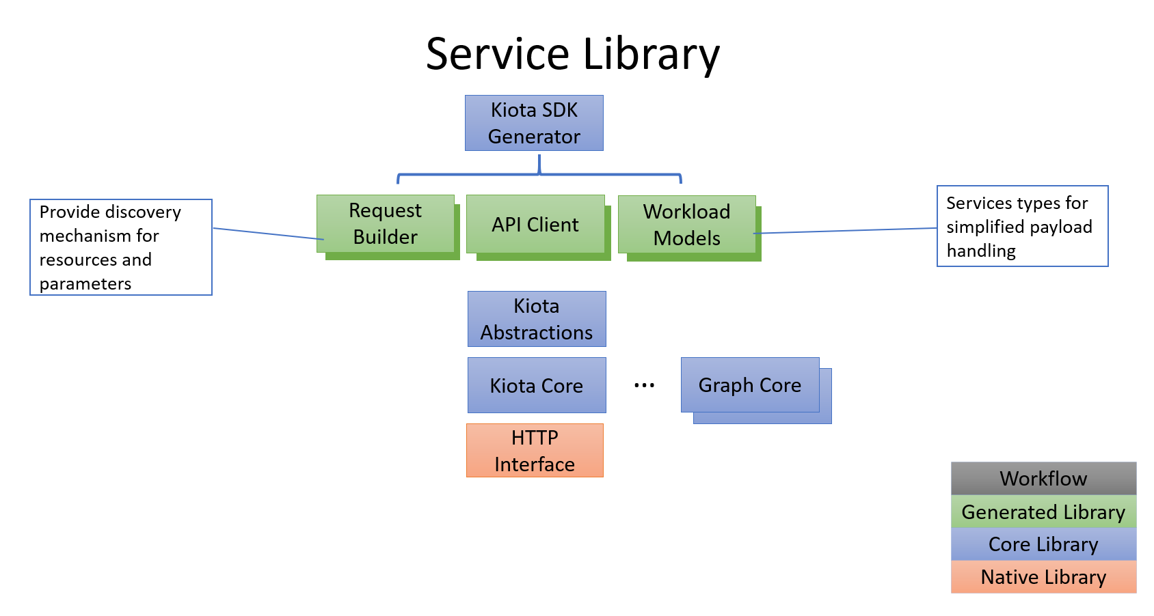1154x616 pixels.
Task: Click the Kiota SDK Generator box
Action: click(x=534, y=123)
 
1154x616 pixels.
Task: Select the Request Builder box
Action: click(x=386, y=224)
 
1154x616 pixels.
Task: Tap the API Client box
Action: click(x=535, y=225)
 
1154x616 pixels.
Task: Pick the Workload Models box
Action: click(x=686, y=225)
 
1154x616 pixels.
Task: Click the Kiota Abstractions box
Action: click(x=537, y=319)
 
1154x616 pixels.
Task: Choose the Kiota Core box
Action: click(x=537, y=385)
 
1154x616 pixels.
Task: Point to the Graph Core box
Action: click(x=750, y=385)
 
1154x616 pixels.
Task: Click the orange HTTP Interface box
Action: click(x=535, y=451)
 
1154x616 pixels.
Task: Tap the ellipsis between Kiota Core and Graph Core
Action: click(x=644, y=386)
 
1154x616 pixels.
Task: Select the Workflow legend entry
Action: click(x=1043, y=479)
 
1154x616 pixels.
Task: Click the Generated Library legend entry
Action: click(x=1043, y=512)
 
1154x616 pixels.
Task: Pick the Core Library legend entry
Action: click(x=1043, y=544)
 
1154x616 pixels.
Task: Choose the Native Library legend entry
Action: click(x=1043, y=577)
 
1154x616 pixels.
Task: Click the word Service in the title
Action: click(x=497, y=55)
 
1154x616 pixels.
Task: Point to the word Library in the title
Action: click(x=652, y=55)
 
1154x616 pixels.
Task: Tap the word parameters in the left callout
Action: click(x=85, y=284)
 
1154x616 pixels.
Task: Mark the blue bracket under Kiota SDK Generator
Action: click(x=539, y=174)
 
